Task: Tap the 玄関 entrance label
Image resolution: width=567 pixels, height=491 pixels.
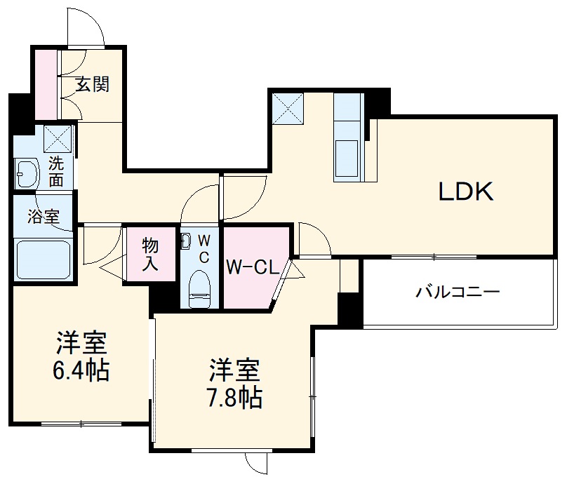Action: [x=93, y=85]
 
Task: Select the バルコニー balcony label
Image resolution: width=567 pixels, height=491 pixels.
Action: [x=457, y=291]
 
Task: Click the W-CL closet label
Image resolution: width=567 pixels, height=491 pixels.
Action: [x=253, y=267]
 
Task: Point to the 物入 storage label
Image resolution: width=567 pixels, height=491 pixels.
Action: [x=150, y=255]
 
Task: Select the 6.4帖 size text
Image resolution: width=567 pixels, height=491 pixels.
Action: [x=81, y=370]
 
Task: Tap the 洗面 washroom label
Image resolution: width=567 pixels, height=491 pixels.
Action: [x=56, y=172]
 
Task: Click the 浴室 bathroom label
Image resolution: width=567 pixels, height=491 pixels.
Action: [x=43, y=217]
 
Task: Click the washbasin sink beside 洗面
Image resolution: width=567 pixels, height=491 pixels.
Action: [x=27, y=173]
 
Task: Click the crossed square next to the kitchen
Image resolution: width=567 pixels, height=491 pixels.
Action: [x=288, y=107]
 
